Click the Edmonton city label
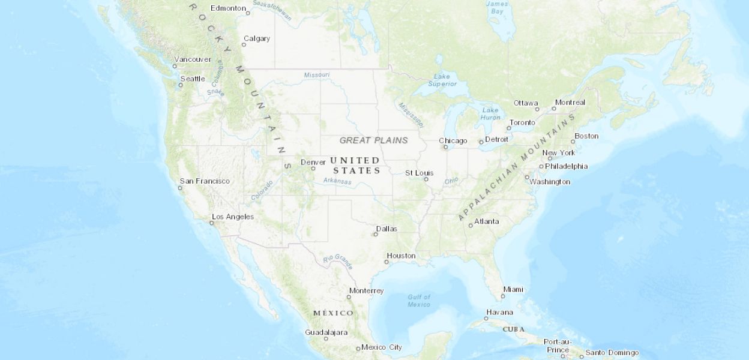click(x=228, y=8)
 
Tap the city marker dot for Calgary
click(x=244, y=45)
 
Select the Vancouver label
click(x=192, y=59)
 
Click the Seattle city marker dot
click(x=181, y=85)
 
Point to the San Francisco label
click(x=205, y=181)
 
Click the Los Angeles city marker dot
click(x=211, y=223)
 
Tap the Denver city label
click(x=313, y=162)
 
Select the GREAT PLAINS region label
click(x=373, y=140)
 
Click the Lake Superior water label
click(x=442, y=80)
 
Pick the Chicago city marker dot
click(x=445, y=147)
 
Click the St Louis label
click(x=419, y=173)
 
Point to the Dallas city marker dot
click(x=376, y=235)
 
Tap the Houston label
click(x=401, y=256)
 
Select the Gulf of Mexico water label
click(x=419, y=301)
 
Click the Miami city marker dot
click(x=503, y=296)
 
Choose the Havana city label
click(x=499, y=312)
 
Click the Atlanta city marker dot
click(x=471, y=226)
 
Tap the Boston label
click(x=586, y=136)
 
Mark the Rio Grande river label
click(x=338, y=261)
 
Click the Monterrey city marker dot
click(x=349, y=298)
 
